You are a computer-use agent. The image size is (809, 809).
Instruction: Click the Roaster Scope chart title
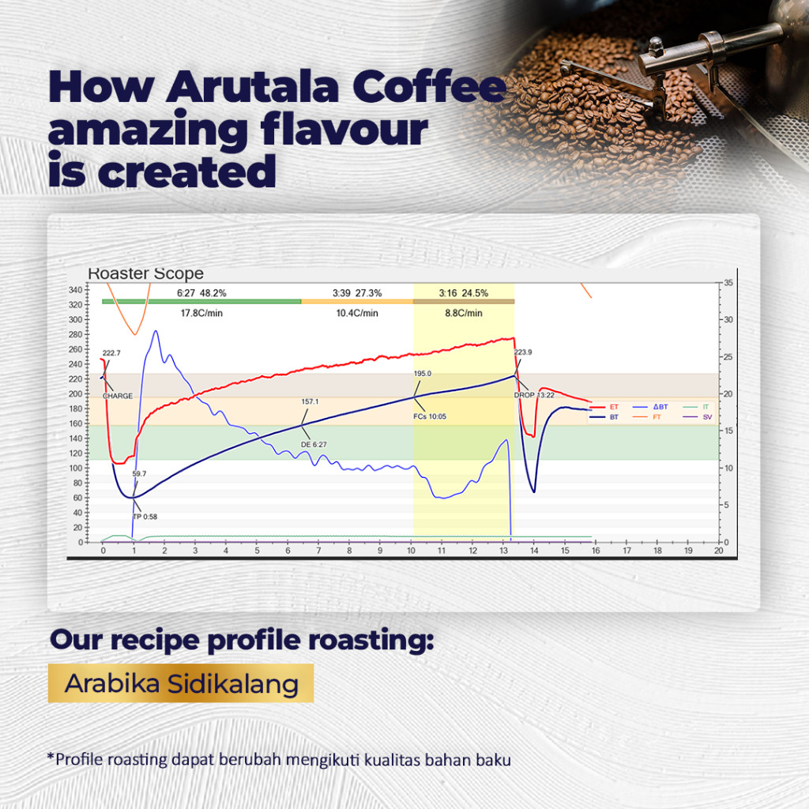coord(145,273)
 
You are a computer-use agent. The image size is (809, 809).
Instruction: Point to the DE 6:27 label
coord(314,445)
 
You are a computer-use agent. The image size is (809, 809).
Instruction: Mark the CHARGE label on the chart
coord(118,396)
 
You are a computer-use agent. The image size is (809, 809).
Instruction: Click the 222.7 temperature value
coord(111,353)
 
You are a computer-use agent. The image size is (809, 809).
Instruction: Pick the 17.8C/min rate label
coord(201,313)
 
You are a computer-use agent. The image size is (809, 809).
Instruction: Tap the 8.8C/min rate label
coord(464,313)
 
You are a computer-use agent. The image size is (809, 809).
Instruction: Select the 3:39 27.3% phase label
coord(357,293)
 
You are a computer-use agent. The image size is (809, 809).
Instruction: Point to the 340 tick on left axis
coord(76,289)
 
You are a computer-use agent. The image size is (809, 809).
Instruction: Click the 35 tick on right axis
coord(728,283)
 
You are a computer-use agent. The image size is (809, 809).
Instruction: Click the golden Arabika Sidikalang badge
coord(181,683)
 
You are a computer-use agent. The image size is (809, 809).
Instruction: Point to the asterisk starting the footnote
coord(51,758)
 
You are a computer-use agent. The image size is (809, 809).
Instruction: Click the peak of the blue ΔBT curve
coord(156,331)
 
